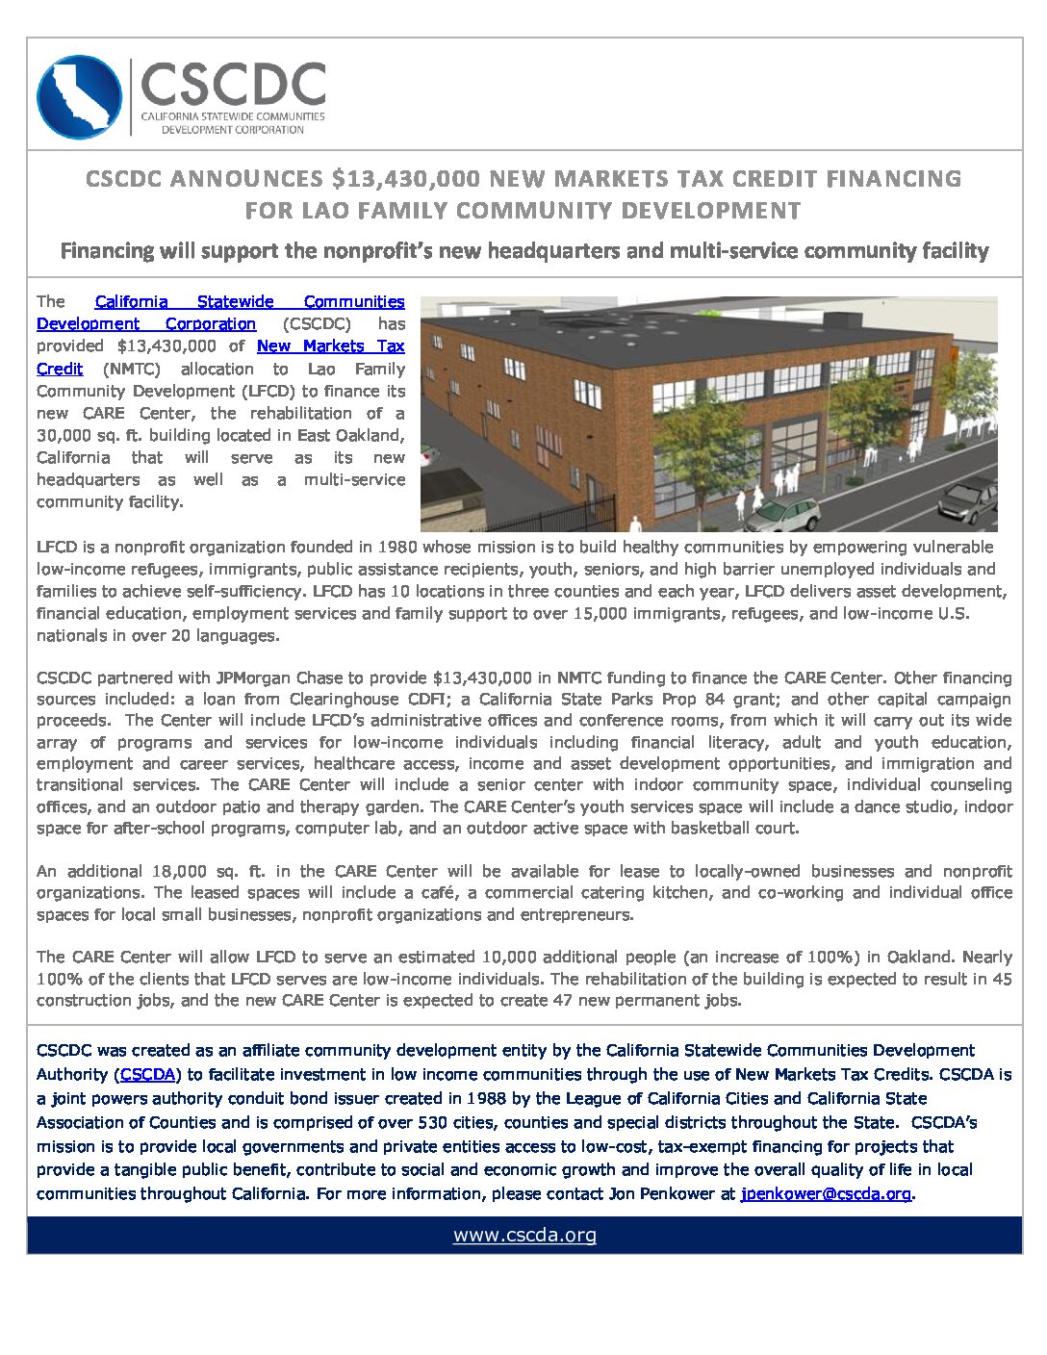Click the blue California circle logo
pos(79,97)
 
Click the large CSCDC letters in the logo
pos(233,85)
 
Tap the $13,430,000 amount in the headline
pos(405,179)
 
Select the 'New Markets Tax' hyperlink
pos(330,346)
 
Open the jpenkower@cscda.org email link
pos(826,1194)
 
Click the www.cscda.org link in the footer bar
pos(524,1235)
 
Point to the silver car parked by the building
pos(781,514)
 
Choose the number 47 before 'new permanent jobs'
pos(563,1001)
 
